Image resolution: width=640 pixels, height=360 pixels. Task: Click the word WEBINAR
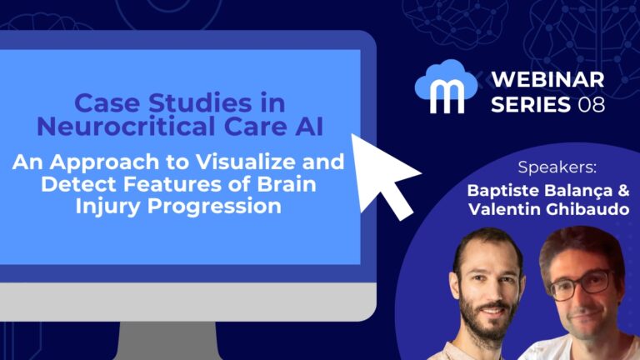[x=545, y=82]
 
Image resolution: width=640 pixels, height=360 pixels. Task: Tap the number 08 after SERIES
[x=590, y=105]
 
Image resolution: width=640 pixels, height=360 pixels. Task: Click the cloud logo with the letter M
[x=448, y=85]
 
